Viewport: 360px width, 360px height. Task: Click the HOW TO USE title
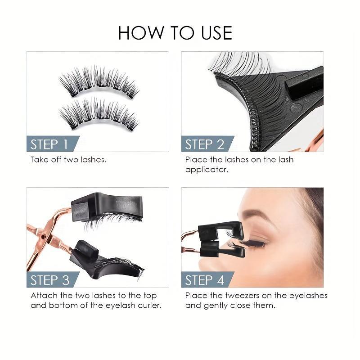[x=175, y=33]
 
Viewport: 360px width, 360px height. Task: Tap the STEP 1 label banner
[x=49, y=144]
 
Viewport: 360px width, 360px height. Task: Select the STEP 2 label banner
[x=205, y=144]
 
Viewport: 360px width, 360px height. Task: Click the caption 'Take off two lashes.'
[x=68, y=160]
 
